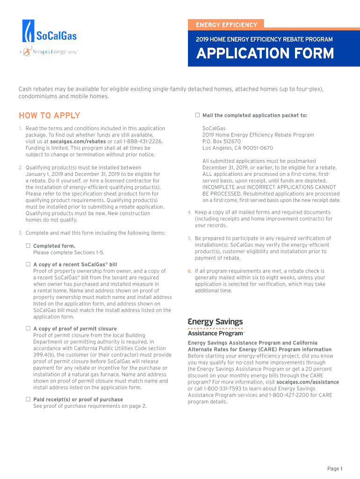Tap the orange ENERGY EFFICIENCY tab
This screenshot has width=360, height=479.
[226, 24]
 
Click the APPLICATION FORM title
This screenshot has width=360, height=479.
[265, 54]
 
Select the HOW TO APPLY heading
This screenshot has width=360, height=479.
[49, 116]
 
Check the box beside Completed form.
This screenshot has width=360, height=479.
[28, 246]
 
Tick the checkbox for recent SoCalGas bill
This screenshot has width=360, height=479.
[28, 264]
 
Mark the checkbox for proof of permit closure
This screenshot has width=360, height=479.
[28, 328]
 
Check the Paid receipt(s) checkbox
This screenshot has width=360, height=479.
[28, 399]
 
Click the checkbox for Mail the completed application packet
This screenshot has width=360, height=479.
[197, 115]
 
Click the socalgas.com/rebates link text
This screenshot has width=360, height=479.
[78, 141]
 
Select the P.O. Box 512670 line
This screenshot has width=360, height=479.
[222, 141]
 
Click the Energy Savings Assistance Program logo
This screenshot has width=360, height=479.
[216, 327]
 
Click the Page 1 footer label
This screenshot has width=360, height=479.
[335, 469]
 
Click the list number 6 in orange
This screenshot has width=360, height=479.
[189, 271]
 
